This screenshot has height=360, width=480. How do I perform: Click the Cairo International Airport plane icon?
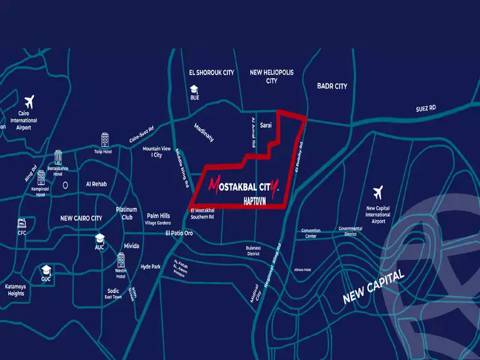pos(29,100)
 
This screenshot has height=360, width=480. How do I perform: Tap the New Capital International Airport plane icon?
pos(378,193)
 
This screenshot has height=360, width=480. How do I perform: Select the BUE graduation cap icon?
pos(194,88)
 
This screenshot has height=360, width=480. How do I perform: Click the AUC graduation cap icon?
pos(100,238)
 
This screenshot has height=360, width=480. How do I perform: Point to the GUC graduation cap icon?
pos(46,270)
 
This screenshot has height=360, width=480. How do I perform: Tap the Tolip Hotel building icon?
pos(105,140)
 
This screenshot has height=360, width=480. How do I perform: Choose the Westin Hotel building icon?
pos(121,260)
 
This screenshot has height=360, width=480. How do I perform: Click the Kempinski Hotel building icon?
pos(41,178)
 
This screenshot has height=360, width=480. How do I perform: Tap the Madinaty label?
pos(204,133)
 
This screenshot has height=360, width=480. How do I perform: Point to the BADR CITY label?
pos(332,86)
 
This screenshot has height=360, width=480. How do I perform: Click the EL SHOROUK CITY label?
pos(211,73)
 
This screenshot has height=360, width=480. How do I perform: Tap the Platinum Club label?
pos(127,214)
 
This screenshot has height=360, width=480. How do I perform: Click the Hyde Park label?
pos(151,266)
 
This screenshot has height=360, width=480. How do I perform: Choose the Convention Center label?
pos(311,233)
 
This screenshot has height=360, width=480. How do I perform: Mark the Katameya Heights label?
pos(16,290)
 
